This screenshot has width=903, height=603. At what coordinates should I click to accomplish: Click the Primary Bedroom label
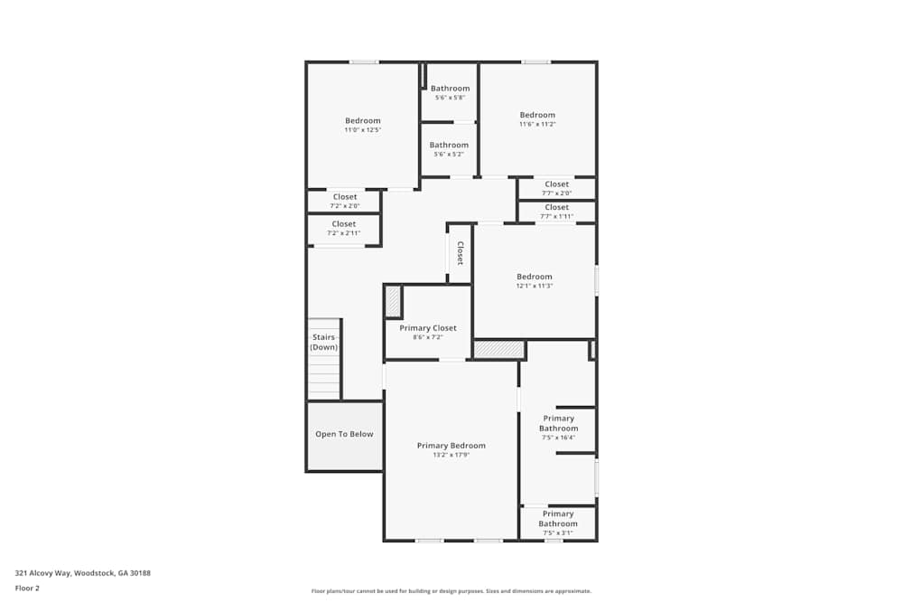coord(451,446)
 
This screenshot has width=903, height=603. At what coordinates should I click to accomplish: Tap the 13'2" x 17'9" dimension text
coord(451,455)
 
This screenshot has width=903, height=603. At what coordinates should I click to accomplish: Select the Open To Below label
coord(344,434)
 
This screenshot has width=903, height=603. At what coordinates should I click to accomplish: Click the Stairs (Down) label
coord(323,342)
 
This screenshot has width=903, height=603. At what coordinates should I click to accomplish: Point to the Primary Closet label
coord(428,328)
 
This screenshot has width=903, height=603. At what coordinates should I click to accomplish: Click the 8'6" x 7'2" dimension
coord(428,337)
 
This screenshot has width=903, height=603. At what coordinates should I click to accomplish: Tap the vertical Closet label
coord(460,252)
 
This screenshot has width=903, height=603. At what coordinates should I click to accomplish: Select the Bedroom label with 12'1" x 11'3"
coord(534,277)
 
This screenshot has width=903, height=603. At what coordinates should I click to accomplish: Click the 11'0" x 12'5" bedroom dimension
coord(363,130)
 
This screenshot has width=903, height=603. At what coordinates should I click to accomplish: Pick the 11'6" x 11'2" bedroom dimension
coord(537,124)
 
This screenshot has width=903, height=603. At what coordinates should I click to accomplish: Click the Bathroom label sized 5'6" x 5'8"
coord(450,89)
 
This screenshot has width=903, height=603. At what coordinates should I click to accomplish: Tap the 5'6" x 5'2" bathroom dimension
coord(449,155)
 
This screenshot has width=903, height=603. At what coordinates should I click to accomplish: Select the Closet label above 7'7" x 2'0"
coord(557,184)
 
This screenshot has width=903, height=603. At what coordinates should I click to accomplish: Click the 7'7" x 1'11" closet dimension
coord(557,216)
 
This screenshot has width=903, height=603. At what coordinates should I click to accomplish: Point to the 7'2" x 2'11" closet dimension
coord(344,233)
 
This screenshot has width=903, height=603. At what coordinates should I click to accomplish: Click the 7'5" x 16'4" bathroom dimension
coord(558,438)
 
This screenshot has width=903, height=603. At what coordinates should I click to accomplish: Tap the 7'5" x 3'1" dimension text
coord(558,532)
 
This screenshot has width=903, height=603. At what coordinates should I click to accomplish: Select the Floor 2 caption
coord(27,588)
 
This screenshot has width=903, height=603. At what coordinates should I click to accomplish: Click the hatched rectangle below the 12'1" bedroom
coord(499,349)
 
